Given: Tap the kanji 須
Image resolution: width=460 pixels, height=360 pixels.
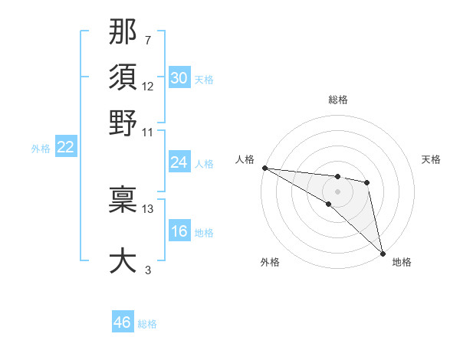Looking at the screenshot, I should [x=123, y=77].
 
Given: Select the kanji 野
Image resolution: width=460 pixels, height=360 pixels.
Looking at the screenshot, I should [x=123, y=123].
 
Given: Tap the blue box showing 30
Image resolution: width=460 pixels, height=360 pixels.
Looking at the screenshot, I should [x=179, y=78].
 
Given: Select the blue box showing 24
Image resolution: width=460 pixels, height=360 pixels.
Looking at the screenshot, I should [x=179, y=162].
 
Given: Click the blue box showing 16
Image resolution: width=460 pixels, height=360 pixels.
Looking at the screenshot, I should [x=179, y=231].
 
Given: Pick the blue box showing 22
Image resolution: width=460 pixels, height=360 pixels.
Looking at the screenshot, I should [x=65, y=147].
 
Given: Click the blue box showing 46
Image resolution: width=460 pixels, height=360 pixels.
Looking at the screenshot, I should [x=123, y=322].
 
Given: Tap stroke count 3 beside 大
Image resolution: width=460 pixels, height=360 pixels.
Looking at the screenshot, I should [x=148, y=270].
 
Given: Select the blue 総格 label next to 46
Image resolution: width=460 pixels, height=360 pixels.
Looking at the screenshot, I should [x=147, y=324].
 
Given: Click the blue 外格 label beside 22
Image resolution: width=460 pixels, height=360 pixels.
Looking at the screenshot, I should [x=41, y=149].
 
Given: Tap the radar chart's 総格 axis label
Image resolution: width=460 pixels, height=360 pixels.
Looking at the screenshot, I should [x=337, y=100].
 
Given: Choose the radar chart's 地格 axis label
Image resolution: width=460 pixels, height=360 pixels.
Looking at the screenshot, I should [x=402, y=262].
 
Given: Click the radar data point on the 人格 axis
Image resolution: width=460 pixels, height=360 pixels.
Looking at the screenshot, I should [x=264, y=168].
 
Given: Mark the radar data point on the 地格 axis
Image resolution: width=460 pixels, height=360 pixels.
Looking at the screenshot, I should [x=382, y=253].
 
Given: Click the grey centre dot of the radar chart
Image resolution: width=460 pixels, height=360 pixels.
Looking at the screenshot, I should [x=337, y=191].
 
